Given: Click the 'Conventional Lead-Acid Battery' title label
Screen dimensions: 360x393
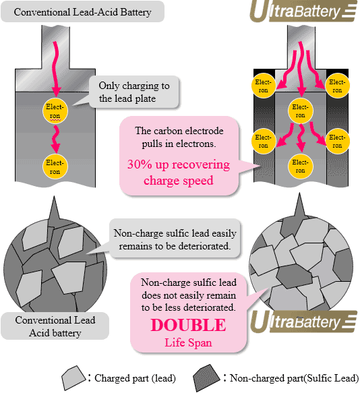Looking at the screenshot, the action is (82, 11).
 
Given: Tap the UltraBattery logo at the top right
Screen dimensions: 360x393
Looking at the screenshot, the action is (303, 11).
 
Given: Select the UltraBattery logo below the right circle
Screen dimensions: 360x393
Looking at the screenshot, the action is (303, 322).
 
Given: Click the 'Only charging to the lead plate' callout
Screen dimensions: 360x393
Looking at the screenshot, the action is (134, 92).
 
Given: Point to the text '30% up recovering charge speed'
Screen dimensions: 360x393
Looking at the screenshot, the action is (178, 172).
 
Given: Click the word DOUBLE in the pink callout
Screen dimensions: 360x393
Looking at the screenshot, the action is (188, 325).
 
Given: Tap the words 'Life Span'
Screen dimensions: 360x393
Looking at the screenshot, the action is (188, 342).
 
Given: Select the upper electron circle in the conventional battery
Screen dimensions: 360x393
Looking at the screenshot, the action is (55, 111).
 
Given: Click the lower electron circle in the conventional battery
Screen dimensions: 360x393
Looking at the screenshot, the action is (55, 167).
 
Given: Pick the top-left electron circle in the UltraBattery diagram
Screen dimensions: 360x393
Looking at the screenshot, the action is (263, 86).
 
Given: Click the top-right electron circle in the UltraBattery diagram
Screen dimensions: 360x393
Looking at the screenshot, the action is (337, 86).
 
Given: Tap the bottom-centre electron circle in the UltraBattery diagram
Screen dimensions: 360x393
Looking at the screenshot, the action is (300, 167).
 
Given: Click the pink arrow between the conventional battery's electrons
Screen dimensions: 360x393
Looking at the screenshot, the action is (55, 139).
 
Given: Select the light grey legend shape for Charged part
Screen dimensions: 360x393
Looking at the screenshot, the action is (74, 377).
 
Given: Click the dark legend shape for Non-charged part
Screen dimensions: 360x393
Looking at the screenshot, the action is (206, 377).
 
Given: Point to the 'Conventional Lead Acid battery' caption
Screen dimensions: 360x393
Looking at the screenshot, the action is (55, 326).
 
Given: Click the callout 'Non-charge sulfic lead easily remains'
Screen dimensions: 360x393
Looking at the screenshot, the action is (175, 239).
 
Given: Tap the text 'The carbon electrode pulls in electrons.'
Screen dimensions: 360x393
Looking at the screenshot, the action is (179, 137).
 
